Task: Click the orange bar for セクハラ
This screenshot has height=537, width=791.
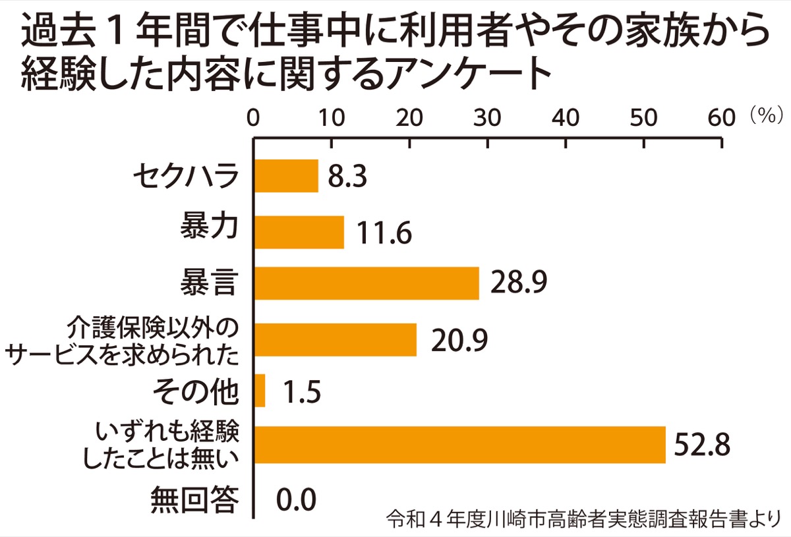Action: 286,176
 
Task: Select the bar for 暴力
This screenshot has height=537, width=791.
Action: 299,232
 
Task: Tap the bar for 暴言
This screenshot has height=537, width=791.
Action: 366,283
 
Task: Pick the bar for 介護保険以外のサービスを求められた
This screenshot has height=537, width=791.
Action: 335,340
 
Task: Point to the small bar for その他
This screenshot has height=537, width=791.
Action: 260,391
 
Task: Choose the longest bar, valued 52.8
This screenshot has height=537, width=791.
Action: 459,445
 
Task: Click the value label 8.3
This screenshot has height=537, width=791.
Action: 347,177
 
